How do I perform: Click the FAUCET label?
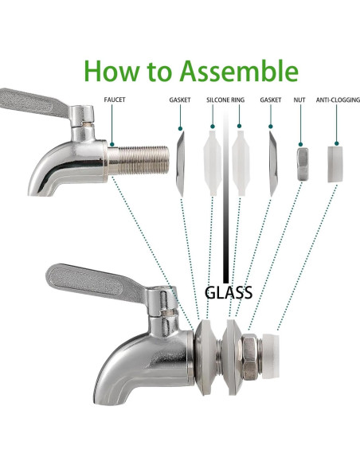tap(115, 101)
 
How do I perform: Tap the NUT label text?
tap(301, 101)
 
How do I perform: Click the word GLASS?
tap(229, 291)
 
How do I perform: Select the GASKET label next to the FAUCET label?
tap(179, 101)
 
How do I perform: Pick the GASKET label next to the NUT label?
tap(270, 101)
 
